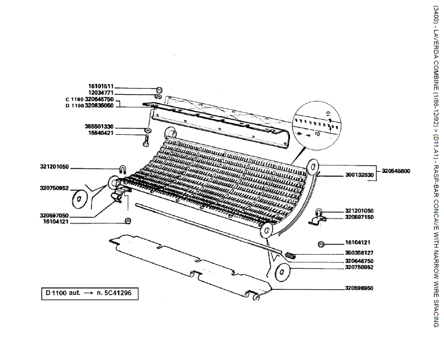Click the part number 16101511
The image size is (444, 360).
pyautogui.click(x=100, y=87)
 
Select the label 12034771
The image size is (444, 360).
pyautogui.click(x=100, y=93)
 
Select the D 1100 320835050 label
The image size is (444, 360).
pyautogui.click(x=89, y=105)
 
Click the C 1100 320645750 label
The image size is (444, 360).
pyautogui.click(x=89, y=99)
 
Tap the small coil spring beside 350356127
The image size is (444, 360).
pyautogui.click(x=291, y=255)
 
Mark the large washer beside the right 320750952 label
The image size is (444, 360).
pyautogui.click(x=283, y=273)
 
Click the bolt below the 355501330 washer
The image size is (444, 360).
pyautogui.click(x=146, y=139)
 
